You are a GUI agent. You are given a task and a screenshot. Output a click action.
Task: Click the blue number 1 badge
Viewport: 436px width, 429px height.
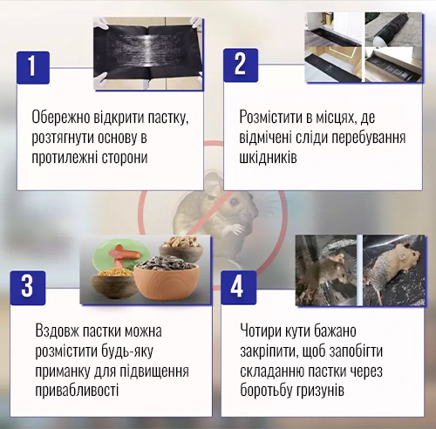pos(33,67)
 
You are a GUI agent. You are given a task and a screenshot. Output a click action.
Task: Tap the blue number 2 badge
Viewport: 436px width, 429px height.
pos(241,65)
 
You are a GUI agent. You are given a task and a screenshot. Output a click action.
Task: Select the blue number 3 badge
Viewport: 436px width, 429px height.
pos(28,288)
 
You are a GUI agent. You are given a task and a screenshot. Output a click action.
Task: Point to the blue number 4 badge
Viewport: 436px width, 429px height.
pos(238,288)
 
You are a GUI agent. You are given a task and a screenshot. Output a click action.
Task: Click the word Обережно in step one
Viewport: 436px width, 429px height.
pos(60,118)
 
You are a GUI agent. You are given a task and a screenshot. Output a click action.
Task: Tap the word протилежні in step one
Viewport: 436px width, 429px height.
pos(65,157)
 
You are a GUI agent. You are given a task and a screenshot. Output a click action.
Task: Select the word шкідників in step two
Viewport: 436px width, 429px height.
pos(268,157)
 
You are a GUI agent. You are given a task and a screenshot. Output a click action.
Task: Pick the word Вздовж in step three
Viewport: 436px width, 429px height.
pos(57,331)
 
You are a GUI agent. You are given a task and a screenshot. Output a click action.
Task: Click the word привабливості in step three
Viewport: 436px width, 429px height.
pos(77,390)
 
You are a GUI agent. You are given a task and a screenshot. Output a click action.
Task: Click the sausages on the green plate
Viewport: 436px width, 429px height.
pos(125,255)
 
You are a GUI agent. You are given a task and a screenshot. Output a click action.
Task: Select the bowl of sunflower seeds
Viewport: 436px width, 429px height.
pos(167,280)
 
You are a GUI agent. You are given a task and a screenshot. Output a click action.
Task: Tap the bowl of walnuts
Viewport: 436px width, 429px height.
pos(181,248)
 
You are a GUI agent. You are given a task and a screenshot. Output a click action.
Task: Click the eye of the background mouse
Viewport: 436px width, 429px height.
pos(235,201)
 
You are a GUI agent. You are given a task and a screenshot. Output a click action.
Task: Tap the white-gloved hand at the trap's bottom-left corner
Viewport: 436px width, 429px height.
pos(102,81)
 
